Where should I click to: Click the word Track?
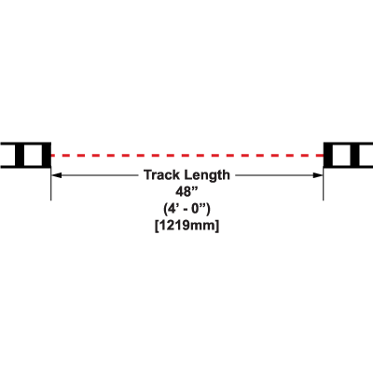coord(162,175)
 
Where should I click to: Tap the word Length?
coord(207,175)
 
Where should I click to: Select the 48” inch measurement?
coord(186,192)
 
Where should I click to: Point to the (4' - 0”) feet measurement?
coord(186,209)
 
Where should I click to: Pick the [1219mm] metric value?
coord(186,226)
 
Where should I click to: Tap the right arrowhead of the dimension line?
coord(318,175)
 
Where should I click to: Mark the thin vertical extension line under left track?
coord(51,184)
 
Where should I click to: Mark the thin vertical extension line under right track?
coord(324,184)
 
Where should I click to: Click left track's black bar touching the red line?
coord(46,155)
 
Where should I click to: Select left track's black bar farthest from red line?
coord(20,155)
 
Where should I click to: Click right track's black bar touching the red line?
coord(328,155)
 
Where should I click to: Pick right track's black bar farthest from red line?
coord(355,155)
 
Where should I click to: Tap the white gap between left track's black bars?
coord(33,155)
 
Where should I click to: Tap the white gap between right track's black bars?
coord(341,155)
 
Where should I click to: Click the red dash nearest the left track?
coord(55,155)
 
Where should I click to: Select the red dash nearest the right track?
coord(319,155)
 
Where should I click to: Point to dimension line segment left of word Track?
coord(95,175)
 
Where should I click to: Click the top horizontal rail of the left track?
coord(25,144)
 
